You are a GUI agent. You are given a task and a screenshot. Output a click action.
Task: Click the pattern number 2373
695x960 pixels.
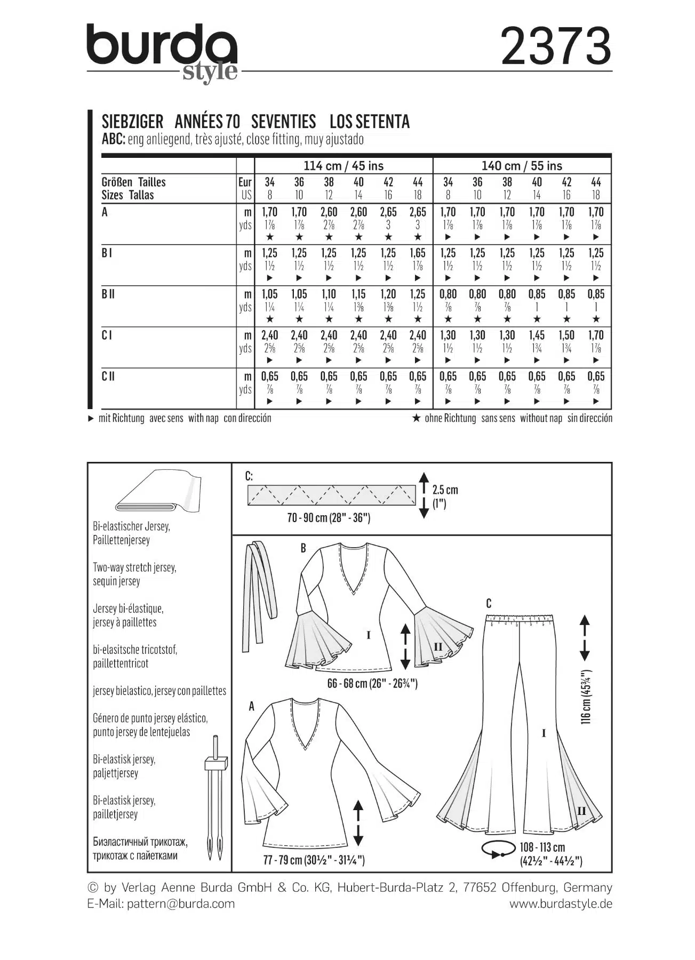pyautogui.click(x=556, y=46)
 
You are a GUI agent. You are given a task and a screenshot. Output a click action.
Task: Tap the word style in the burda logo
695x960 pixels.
pyautogui.click(x=210, y=72)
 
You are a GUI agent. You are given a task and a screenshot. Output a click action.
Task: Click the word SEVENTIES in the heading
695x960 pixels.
pyautogui.click(x=283, y=122)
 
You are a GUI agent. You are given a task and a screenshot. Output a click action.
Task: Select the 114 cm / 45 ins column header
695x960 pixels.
pyautogui.click(x=343, y=166)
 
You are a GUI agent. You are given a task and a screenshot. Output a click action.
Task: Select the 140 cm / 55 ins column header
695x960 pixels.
pyautogui.click(x=522, y=166)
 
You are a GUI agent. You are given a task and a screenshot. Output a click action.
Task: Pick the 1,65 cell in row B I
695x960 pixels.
pyautogui.click(x=418, y=253)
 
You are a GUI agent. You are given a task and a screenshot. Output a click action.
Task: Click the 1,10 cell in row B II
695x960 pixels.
pyautogui.click(x=329, y=294)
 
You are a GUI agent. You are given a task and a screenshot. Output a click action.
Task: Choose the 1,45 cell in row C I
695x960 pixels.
pyautogui.click(x=537, y=335)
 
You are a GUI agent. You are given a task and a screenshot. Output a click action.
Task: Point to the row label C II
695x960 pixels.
pyautogui.click(x=108, y=377)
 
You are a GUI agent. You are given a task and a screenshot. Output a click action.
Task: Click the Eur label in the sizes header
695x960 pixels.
pyautogui.click(x=245, y=182)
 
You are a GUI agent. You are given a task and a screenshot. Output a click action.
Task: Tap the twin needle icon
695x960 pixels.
pyautogui.click(x=216, y=798)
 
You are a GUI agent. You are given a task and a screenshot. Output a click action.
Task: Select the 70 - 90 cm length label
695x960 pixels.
pyautogui.click(x=329, y=518)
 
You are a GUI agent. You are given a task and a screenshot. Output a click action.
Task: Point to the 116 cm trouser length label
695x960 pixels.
pyautogui.click(x=587, y=697)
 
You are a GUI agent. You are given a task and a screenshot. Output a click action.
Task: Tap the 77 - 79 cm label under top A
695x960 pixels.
pyautogui.click(x=314, y=859)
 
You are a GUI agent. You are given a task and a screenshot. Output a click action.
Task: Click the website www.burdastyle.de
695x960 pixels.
pyautogui.click(x=561, y=903)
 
